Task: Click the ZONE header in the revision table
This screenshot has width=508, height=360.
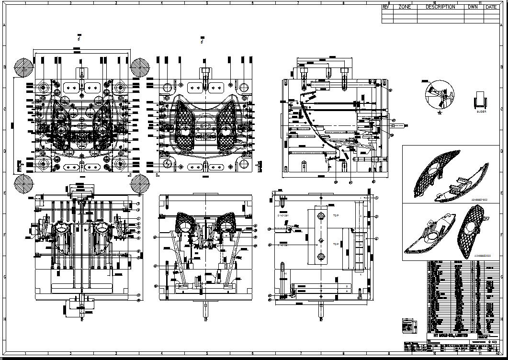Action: (405, 7)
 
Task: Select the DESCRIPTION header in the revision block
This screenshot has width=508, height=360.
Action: (440, 7)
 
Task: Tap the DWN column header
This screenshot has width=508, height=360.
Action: (473, 7)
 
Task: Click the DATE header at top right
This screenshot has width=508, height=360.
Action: (491, 7)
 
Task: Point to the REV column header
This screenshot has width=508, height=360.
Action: (385, 7)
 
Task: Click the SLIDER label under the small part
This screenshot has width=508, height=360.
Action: (481, 112)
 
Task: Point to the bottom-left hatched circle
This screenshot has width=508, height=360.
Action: (23, 183)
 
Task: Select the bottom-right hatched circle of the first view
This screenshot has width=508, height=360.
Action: (140, 183)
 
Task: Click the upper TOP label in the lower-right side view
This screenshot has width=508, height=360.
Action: (336, 216)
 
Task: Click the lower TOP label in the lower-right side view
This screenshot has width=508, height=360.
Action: (336, 244)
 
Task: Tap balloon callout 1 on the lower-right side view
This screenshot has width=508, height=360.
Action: (376, 197)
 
